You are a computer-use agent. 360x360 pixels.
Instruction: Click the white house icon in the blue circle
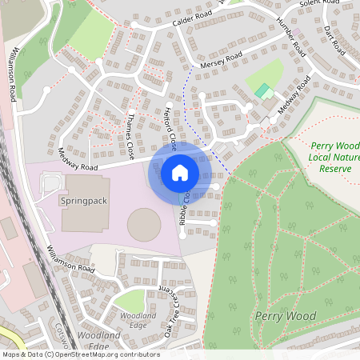[x=180, y=172]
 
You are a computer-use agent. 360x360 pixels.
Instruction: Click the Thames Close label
[x=131, y=133]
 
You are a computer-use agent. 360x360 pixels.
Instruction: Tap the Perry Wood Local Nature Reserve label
[x=335, y=158]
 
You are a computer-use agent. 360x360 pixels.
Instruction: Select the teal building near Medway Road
[x=262, y=90]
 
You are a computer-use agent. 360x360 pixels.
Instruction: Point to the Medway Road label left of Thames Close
[x=78, y=161]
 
